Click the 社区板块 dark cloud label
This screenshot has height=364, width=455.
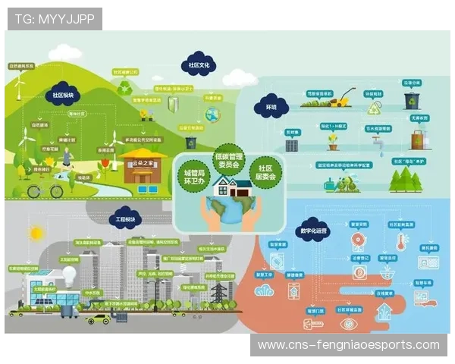64,96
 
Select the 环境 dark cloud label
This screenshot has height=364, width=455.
270,108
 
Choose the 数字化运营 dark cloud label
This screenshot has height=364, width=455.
312,228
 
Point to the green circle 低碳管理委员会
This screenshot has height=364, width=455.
228,158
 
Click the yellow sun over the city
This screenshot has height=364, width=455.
36,233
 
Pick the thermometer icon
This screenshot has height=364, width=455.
400,243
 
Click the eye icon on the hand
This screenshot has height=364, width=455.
349,322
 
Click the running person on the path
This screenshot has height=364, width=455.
69,158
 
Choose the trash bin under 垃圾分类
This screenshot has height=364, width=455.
411,100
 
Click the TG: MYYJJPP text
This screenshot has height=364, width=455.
55,18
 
